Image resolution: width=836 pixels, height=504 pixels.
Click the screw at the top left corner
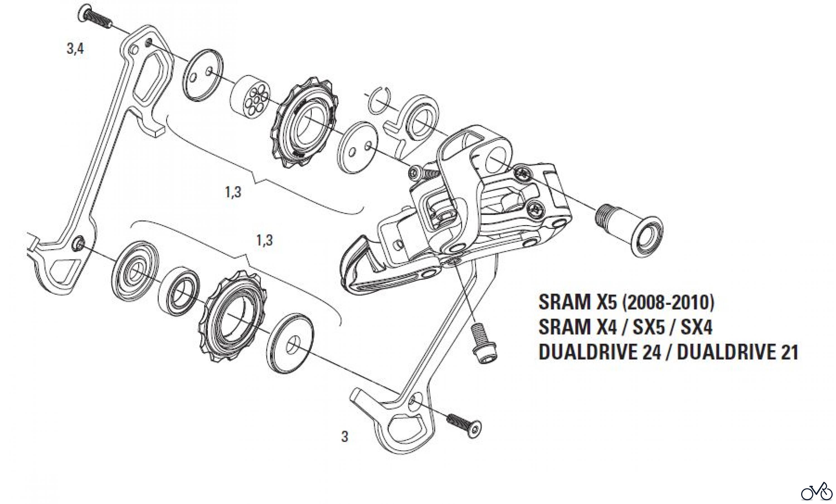click(x=96, y=17)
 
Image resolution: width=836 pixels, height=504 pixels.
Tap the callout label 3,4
click(x=75, y=49)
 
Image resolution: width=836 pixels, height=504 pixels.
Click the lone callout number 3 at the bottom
click(x=345, y=437)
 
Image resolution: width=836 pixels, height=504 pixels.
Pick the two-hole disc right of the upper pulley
click(x=359, y=147)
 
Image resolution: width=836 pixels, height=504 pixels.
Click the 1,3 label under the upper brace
click(x=233, y=193)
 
